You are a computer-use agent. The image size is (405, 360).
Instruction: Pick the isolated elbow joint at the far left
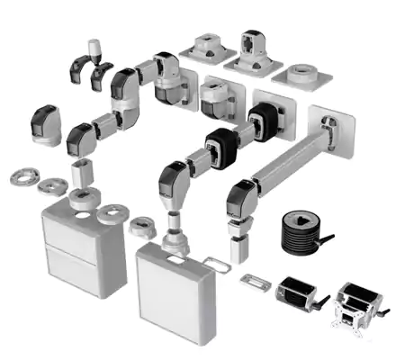(x=47, y=124)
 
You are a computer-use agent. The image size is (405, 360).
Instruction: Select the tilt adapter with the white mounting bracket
(x=357, y=306)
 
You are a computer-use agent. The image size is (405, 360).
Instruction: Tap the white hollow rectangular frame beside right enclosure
(x=217, y=264)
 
